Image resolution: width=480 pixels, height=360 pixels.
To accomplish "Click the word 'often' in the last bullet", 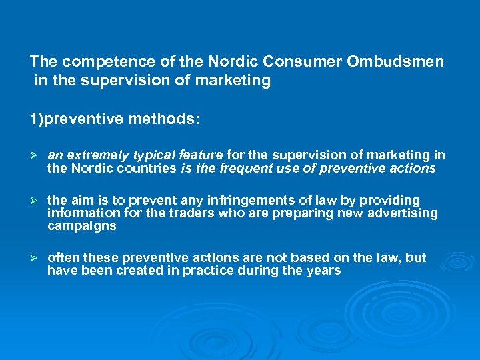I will (x=63, y=258).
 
